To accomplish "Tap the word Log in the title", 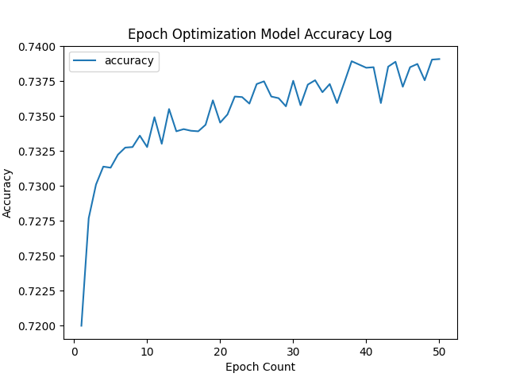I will (379, 35).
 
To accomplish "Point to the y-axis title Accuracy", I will (8, 193).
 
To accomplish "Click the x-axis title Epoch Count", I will (260, 367).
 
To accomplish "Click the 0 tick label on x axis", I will (74, 351).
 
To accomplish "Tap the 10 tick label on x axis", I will (147, 351).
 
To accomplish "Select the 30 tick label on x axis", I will (293, 351).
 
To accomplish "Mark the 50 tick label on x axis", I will (439, 351).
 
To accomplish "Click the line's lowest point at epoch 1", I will (81, 325).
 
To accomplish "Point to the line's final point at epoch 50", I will (439, 60).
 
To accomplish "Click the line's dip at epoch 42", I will (381, 102).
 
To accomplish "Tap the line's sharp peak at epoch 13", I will (169, 109).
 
